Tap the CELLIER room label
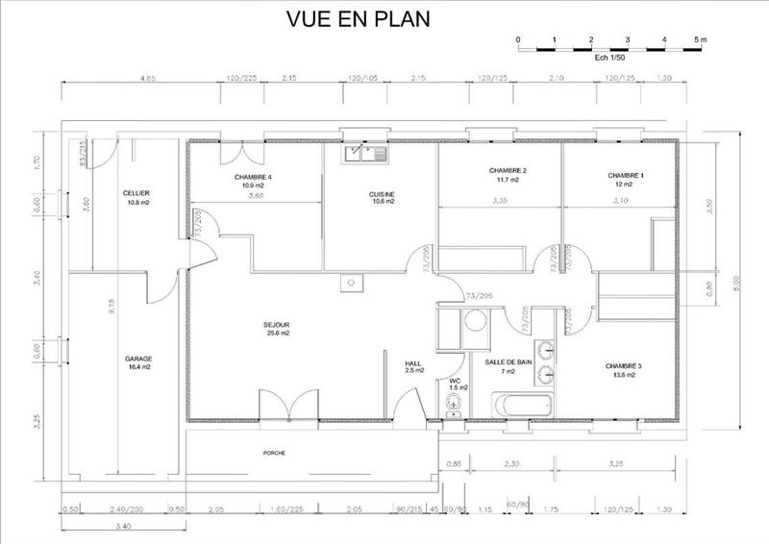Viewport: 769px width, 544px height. [x=136, y=194]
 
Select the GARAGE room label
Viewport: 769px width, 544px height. [x=138, y=359]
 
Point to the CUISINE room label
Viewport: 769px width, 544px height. [x=382, y=194]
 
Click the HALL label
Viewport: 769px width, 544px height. [x=414, y=363]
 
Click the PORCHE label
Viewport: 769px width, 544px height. [x=274, y=452]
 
